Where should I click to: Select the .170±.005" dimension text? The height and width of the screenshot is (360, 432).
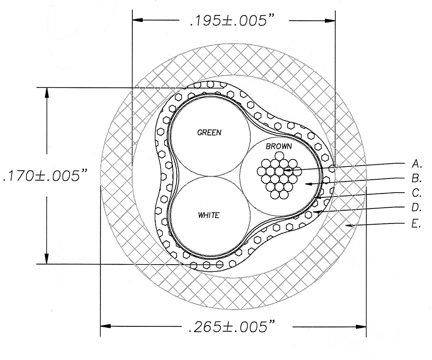pos(45,175)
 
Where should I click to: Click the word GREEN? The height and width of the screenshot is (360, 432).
pos(209,133)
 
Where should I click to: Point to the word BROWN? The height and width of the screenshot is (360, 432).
pos(279,146)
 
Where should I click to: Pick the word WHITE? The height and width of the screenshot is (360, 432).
pos(209,215)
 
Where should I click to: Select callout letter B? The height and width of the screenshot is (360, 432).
pos(416,178)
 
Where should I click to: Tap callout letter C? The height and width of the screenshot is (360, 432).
pos(416,193)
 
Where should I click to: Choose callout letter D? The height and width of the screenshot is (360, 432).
pos(416,208)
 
